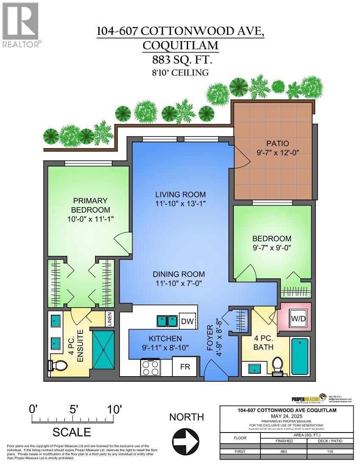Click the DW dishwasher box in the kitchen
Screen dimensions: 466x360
coord(187,322)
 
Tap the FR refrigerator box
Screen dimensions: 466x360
coord(185,366)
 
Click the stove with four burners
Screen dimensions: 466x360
coord(150,367)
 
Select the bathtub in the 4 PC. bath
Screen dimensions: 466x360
coord(300,355)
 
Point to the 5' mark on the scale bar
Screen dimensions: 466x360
coord(73,420)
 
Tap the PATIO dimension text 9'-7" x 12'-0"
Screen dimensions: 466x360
coord(277,153)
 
